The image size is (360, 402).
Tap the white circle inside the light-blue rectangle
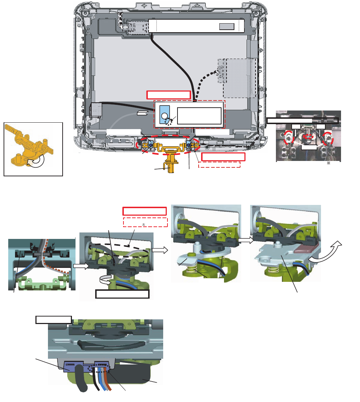point(164,116)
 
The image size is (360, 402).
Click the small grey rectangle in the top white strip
point(227,26)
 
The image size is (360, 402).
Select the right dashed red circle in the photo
point(329,138)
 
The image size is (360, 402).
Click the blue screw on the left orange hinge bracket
point(150,144)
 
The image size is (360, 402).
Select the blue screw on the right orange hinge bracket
point(189,145)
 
